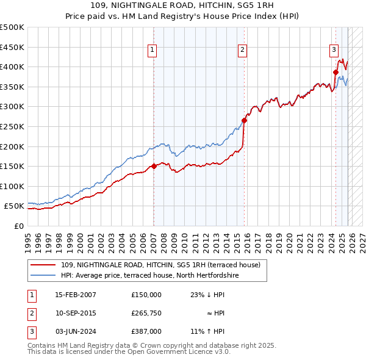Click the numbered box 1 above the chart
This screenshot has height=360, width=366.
pyautogui.click(x=152, y=51)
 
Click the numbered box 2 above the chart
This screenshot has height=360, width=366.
pyautogui.click(x=243, y=51)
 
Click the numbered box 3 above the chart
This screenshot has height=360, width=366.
pyautogui.click(x=334, y=51)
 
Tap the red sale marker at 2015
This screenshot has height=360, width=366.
pyautogui.click(x=244, y=120)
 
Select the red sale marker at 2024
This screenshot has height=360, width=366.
pyautogui.click(x=335, y=72)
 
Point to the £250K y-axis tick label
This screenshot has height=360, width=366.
pyautogui.click(x=12, y=126)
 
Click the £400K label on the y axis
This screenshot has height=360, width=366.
pyautogui.click(x=12, y=67)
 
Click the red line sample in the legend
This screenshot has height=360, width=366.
pyautogui.click(x=43, y=265)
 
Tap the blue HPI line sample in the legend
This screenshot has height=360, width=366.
pyautogui.click(x=43, y=276)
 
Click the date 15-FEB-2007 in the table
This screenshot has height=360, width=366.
pyautogui.click(x=76, y=295)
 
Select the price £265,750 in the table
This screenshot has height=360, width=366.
pyautogui.click(x=146, y=313)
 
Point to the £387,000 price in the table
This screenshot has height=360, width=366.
pyautogui.click(x=146, y=331)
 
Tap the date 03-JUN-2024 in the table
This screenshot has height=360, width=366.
pyautogui.click(x=76, y=331)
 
